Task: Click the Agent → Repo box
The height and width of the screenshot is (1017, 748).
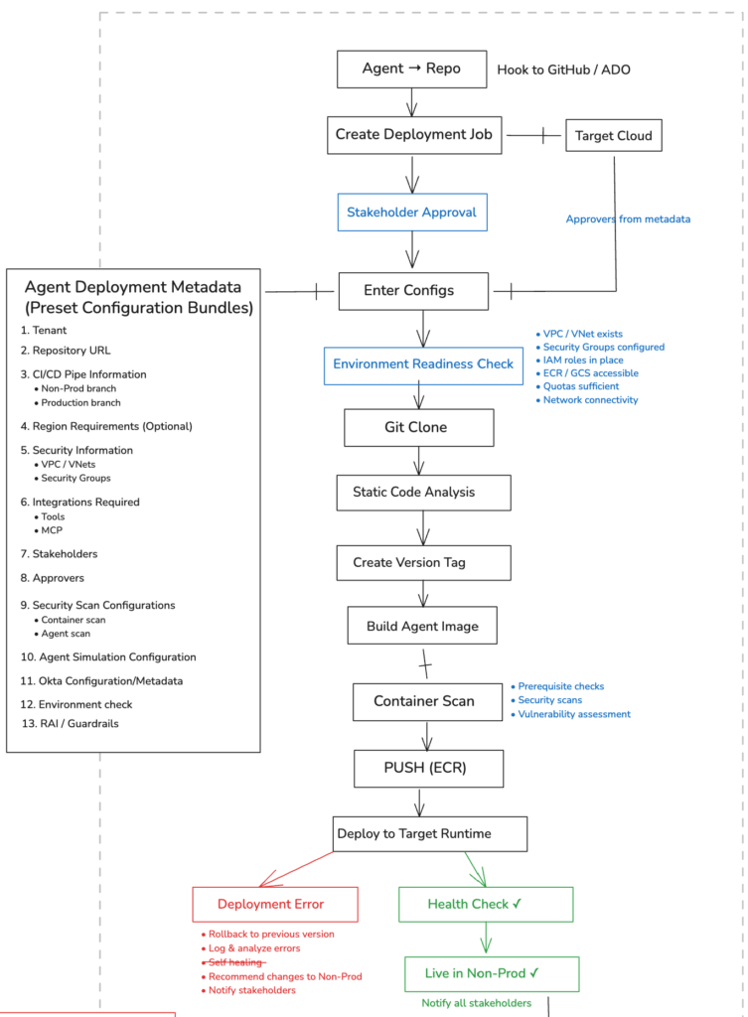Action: point(411,70)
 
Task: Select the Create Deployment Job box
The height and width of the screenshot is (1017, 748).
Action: point(414,135)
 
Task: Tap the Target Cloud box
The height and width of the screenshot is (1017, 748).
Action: point(614,136)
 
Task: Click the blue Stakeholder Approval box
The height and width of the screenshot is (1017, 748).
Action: point(411,213)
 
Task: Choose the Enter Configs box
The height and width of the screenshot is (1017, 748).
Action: point(413,291)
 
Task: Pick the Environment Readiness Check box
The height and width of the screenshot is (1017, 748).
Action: point(423,364)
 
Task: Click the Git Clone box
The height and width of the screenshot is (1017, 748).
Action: point(418,428)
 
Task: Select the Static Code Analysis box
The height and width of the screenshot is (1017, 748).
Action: point(427,493)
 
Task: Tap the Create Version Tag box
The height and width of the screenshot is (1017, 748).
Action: point(423,562)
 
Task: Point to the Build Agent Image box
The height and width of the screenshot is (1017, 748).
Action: point(422,627)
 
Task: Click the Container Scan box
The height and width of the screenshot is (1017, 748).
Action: point(423,701)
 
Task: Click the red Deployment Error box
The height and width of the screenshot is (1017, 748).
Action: point(274,905)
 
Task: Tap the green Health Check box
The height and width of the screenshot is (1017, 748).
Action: point(486,905)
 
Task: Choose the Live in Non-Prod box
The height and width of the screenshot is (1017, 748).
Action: point(492,974)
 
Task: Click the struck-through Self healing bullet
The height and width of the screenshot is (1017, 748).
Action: point(235,962)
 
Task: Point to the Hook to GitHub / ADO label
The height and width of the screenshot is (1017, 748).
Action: point(563,70)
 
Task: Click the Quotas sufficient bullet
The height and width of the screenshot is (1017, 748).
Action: point(580,386)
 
